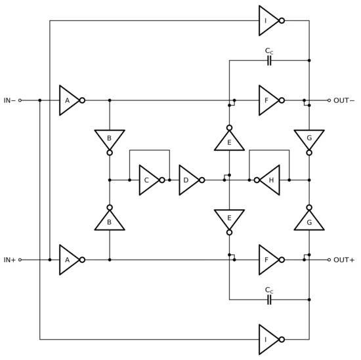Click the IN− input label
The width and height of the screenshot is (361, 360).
[9, 100]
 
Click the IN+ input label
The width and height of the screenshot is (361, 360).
[9, 260]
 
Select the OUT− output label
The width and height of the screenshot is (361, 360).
[344, 100]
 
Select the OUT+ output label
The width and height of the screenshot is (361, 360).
[344, 260]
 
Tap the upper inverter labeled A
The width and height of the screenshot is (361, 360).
[68, 100]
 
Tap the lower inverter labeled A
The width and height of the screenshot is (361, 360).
[68, 260]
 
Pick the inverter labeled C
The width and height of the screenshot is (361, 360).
[148, 180]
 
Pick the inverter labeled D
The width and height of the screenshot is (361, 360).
[188, 180]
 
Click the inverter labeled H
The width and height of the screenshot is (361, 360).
[270, 180]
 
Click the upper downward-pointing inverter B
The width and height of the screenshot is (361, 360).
[110, 138]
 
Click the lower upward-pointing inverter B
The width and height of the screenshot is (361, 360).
[110, 221]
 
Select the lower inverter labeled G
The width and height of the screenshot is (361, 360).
[309, 221]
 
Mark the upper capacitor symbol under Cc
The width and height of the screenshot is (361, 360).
[268, 60]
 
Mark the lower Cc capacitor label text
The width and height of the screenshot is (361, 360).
[268, 289]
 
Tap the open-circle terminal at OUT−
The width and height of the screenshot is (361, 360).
[329, 100]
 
